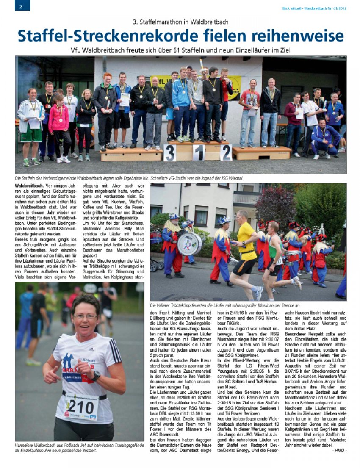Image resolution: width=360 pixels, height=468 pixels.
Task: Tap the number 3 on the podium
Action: click(170, 153)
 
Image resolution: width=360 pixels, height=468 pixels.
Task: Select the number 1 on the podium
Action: click(199, 153)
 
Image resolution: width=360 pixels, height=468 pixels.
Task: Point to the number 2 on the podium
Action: click(226, 152)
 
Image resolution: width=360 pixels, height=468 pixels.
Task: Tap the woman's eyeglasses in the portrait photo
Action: click(85, 316)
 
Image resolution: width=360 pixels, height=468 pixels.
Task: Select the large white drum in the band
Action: click(189, 244)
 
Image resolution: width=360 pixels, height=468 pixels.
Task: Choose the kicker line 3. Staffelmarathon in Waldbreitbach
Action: click(180, 22)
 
